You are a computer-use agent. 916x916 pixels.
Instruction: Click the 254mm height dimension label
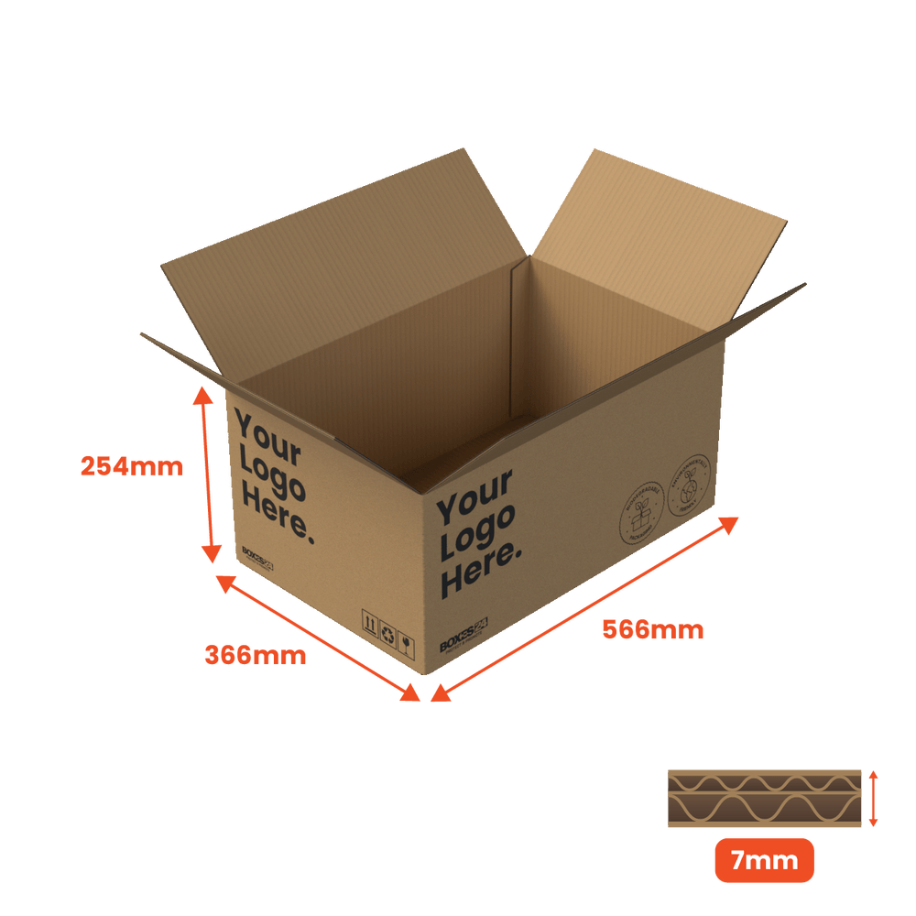[x=132, y=467]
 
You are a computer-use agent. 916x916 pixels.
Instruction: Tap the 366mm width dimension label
[x=255, y=656]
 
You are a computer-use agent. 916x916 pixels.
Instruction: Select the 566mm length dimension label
[x=652, y=630]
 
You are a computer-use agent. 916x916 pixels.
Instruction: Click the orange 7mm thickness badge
[x=764, y=861]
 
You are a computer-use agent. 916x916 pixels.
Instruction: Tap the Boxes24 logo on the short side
[x=258, y=558]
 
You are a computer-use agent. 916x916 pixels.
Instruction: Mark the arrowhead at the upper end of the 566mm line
[x=730, y=523]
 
